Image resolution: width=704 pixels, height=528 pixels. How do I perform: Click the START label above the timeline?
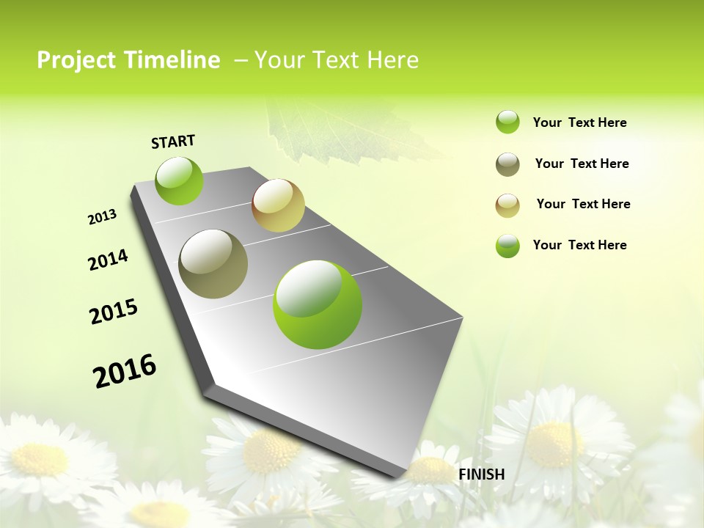[x=173, y=142]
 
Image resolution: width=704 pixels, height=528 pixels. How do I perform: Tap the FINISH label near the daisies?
[x=481, y=474]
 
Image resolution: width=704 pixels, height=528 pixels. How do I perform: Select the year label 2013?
[x=102, y=217]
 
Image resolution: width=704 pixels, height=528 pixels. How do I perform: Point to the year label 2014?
[x=108, y=260]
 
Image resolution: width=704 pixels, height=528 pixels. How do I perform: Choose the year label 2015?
[x=114, y=311]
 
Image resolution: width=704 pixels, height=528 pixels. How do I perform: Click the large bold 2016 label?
[x=125, y=370]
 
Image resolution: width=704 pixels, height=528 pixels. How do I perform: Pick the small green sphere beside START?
[x=179, y=180]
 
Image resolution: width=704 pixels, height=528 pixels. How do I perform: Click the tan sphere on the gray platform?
[x=278, y=205]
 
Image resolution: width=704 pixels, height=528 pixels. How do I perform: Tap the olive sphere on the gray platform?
[x=213, y=263]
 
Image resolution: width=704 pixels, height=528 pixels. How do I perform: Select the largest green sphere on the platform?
[x=318, y=304]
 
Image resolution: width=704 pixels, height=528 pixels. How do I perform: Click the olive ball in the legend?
[x=507, y=164]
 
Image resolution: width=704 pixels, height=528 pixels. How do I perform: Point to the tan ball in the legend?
[x=507, y=205]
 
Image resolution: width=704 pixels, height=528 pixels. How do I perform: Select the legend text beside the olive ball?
[x=582, y=164]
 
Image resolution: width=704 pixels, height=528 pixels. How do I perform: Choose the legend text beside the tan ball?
[x=583, y=204]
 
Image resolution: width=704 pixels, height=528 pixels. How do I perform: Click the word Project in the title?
[x=74, y=60]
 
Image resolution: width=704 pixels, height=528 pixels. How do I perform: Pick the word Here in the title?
[x=392, y=60]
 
